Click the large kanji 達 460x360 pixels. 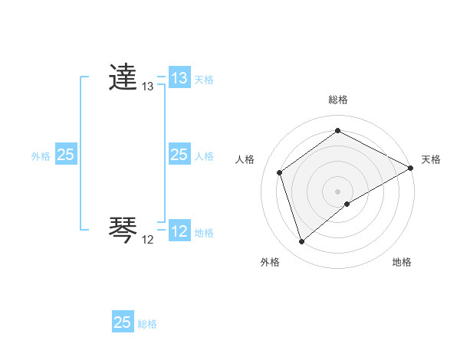pyautogui.click(x=123, y=78)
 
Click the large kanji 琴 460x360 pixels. pyautogui.click(x=123, y=231)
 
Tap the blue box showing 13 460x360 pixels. pyautogui.click(x=179, y=78)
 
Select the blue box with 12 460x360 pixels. pyautogui.click(x=179, y=231)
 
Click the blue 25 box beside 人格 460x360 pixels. pyautogui.click(x=179, y=155)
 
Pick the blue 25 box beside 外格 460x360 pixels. pyautogui.click(x=66, y=155)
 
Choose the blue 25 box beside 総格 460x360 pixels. pyautogui.click(x=123, y=322)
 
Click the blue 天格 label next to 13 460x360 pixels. pyautogui.click(x=204, y=80)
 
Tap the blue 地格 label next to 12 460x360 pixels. pyautogui.click(x=204, y=233)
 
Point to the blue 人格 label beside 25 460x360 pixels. pyautogui.click(x=204, y=156)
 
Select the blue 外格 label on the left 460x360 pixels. pyautogui.click(x=41, y=156)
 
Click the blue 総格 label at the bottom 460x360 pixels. pyautogui.click(x=147, y=324)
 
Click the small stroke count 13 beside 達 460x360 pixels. pyautogui.click(x=147, y=87)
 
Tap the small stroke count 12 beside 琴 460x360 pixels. pyautogui.click(x=147, y=240)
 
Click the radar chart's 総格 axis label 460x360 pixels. pyautogui.click(x=338, y=100)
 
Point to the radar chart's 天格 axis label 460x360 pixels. pyautogui.click(x=431, y=159)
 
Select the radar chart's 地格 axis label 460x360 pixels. pyautogui.click(x=402, y=262)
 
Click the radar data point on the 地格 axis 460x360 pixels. pyautogui.click(x=347, y=204)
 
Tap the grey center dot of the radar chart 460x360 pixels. pyautogui.click(x=338, y=191)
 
